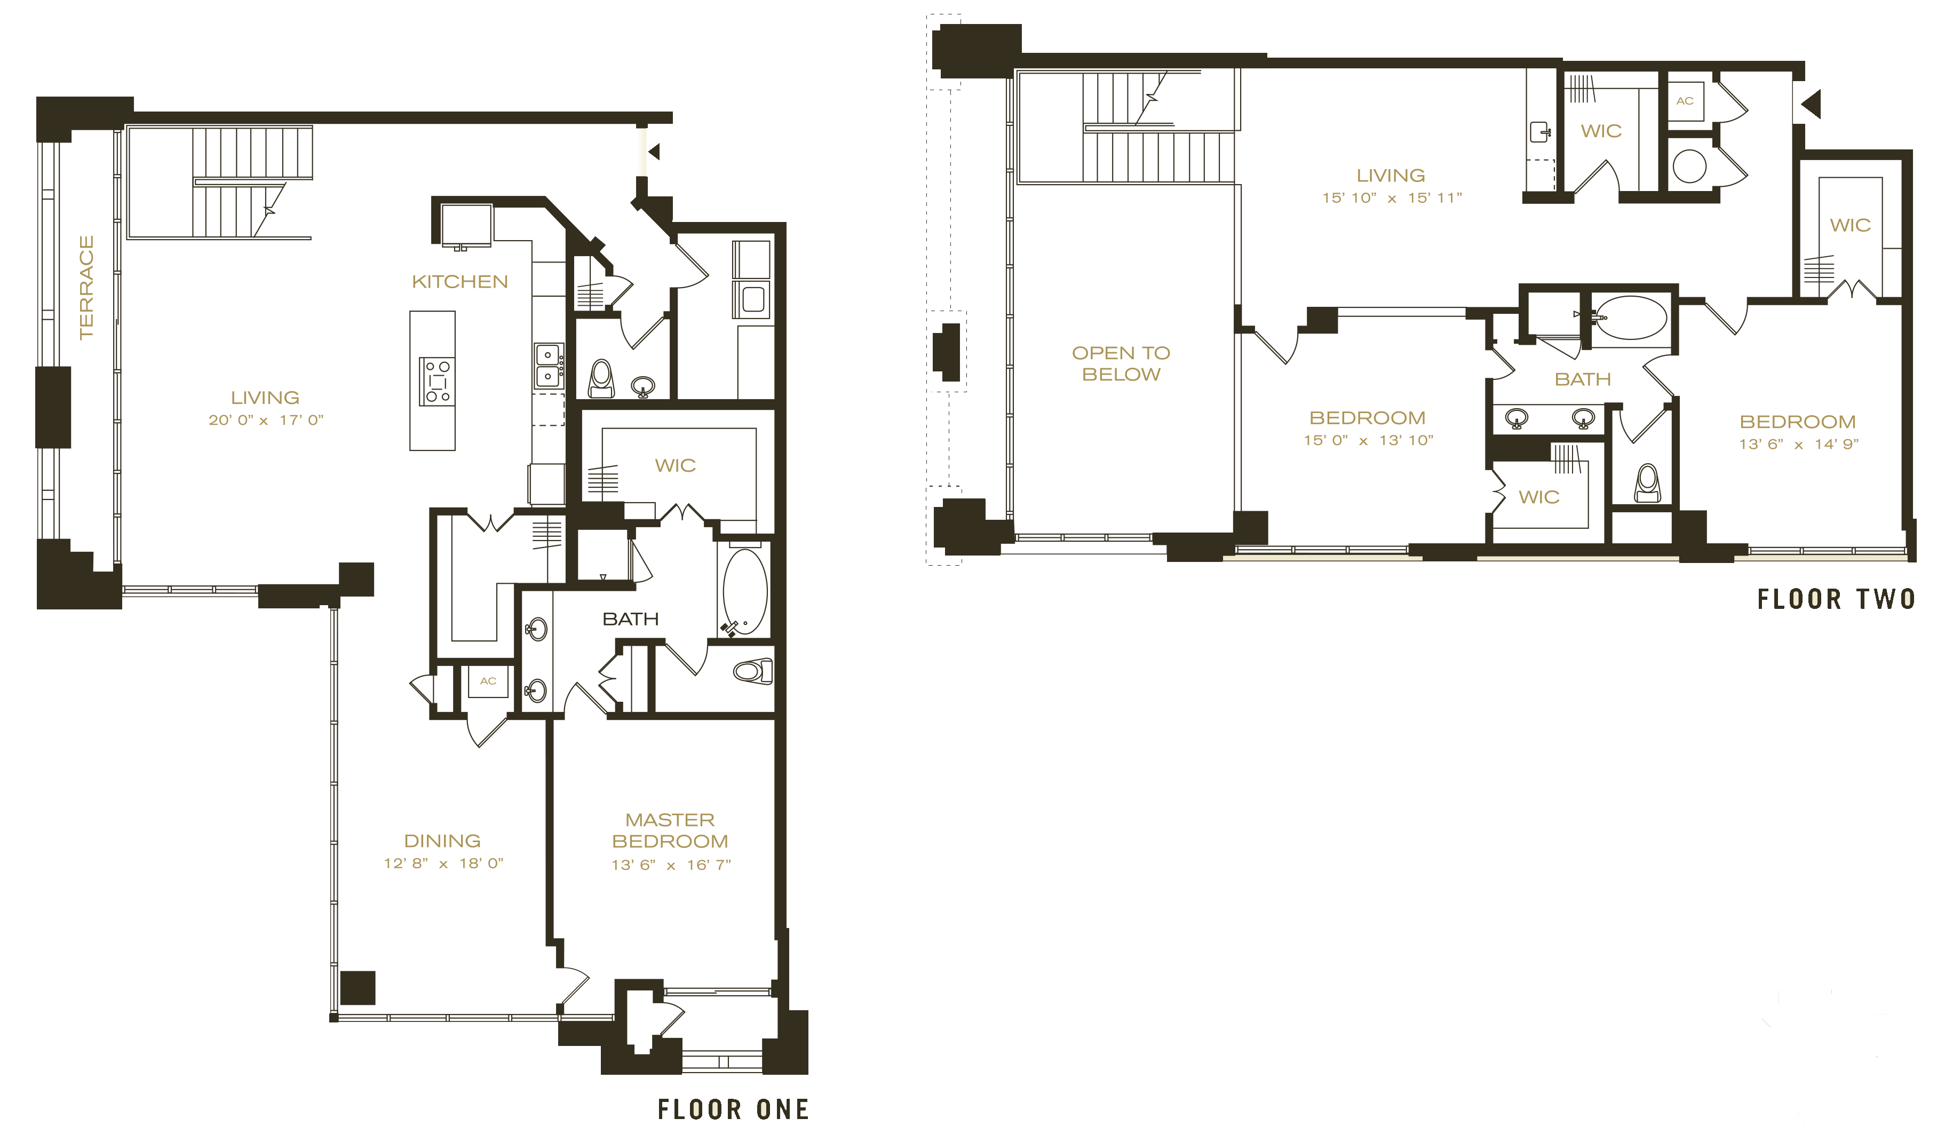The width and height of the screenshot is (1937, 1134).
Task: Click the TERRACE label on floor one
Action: coord(86,287)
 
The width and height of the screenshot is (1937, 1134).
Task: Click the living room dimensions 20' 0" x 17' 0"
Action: coord(266,420)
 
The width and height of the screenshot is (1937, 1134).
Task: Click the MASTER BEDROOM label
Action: coord(670,830)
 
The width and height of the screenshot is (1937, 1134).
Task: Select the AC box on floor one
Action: coord(488,681)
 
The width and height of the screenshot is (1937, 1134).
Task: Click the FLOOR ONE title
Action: coord(733,1109)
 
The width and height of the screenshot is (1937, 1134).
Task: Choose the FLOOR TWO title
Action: coord(1836,599)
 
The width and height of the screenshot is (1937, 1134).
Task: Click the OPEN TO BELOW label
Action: coord(1122,363)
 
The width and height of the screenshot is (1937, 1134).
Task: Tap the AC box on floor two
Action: coord(1685,101)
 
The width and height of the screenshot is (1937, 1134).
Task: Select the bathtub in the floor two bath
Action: coord(1630,318)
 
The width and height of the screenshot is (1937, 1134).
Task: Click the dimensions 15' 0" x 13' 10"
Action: coord(1368,441)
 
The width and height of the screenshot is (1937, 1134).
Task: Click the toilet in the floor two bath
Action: coord(1647,483)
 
